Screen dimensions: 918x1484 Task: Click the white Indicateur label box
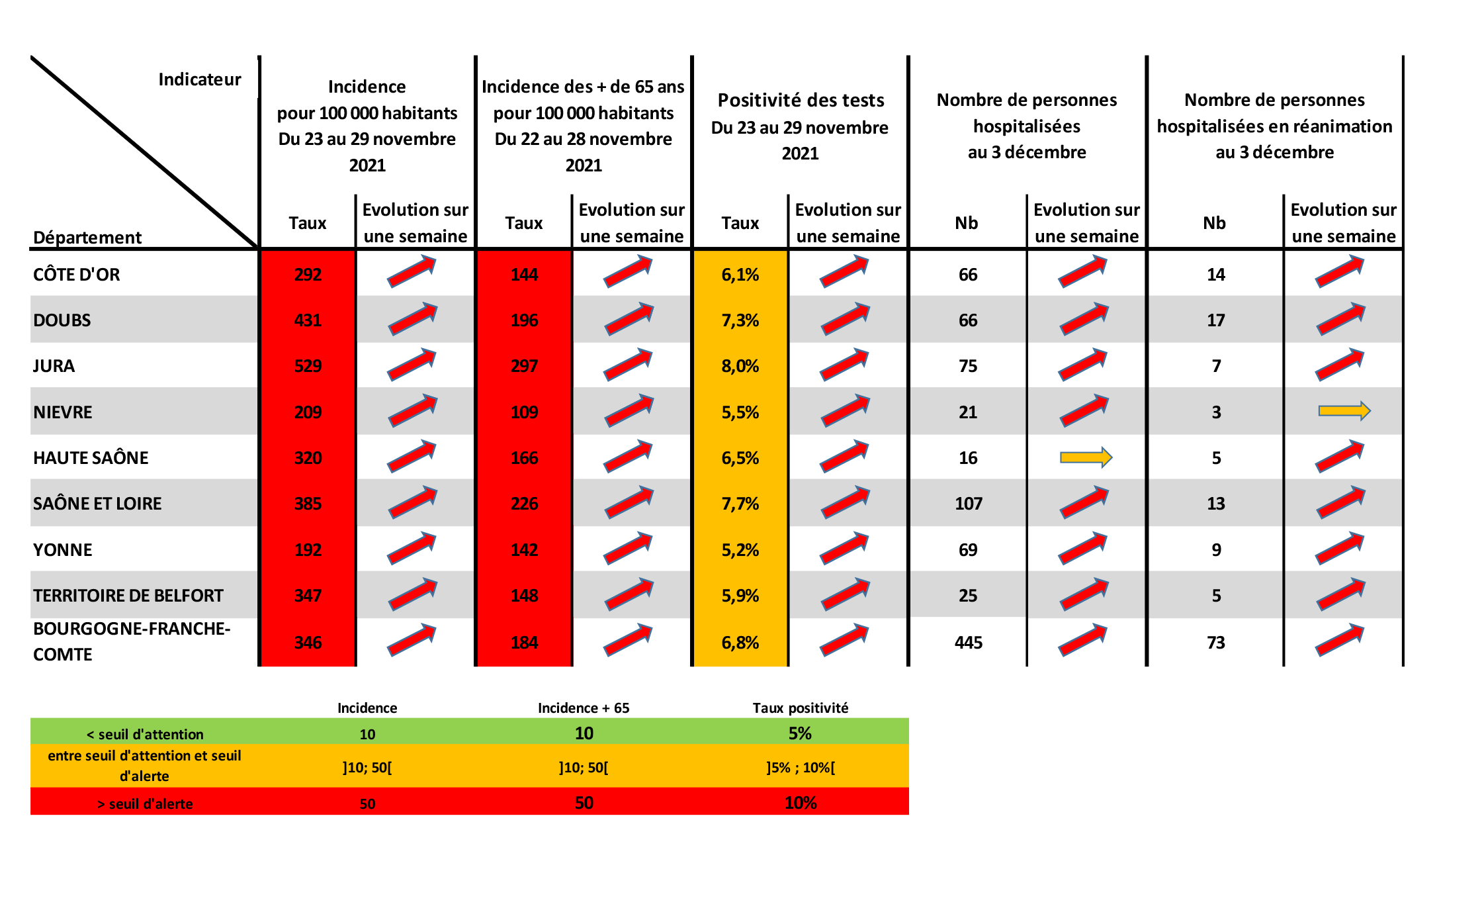point(200,79)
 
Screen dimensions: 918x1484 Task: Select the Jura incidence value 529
point(308,366)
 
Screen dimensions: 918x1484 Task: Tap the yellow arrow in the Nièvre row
point(1344,411)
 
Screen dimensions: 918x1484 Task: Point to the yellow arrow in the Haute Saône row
point(1086,457)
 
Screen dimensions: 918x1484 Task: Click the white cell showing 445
point(968,642)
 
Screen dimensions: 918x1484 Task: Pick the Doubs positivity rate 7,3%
point(740,320)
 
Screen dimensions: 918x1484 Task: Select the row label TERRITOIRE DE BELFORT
point(128,596)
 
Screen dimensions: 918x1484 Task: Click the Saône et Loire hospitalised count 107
point(968,504)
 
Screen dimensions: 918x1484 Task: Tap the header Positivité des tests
point(801,101)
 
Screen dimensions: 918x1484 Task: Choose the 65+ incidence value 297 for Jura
point(524,366)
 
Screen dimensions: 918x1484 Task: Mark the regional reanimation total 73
point(1215,642)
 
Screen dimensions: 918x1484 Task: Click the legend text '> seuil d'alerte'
point(145,803)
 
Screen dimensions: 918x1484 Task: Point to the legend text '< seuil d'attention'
point(145,734)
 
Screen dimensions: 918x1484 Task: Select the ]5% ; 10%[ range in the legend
point(801,768)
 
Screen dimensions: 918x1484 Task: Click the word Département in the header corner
point(87,237)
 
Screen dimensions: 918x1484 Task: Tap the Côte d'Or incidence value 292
point(308,275)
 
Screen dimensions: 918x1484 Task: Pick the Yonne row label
point(63,550)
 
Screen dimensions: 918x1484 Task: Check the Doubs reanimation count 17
point(1215,320)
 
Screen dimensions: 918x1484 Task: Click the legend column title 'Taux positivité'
point(800,708)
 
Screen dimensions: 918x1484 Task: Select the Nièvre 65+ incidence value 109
point(524,412)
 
